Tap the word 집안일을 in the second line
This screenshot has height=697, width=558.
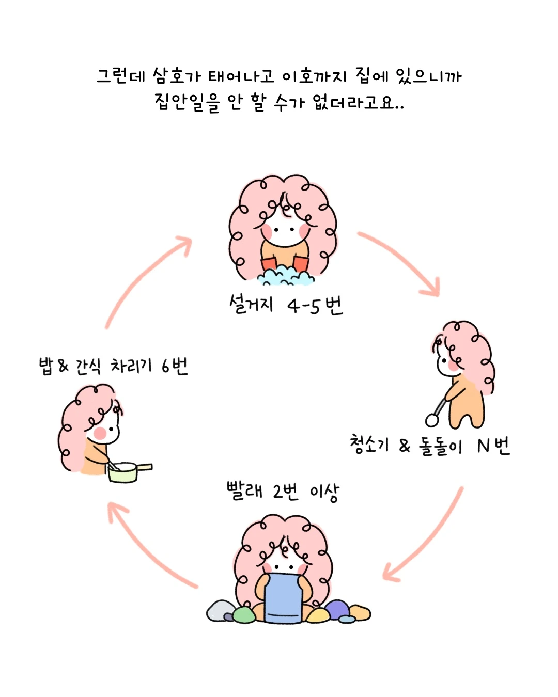[187, 102]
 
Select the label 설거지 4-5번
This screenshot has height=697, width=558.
[286, 305]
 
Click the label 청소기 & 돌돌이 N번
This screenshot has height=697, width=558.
[429, 445]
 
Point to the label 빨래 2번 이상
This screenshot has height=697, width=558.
[283, 491]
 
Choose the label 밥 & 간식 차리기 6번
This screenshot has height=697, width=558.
[113, 366]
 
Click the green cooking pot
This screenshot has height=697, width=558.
[123, 473]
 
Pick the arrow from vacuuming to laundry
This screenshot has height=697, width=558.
[424, 537]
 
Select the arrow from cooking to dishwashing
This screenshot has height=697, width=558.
[145, 279]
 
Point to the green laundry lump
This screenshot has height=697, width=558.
[244, 614]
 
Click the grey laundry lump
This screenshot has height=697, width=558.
[220, 611]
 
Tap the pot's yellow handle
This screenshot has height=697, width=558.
[145, 467]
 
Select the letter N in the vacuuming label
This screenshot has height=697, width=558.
[483, 445]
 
